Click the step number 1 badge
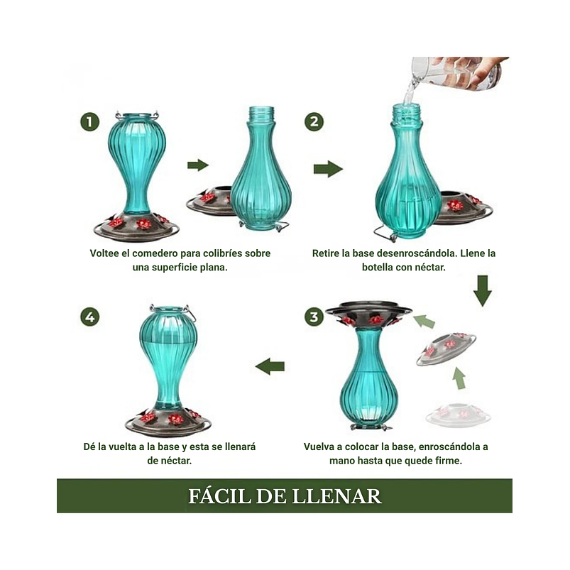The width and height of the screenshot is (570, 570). tap(89, 121)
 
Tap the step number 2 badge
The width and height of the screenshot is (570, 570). tap(314, 121)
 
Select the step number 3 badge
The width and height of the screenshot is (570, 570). tap(314, 317)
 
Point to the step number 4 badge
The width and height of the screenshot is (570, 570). tap(89, 317)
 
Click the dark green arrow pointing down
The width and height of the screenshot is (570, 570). tap(483, 290)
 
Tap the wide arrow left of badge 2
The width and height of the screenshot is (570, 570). tap(328, 169)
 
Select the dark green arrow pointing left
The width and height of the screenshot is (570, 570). tap(270, 366)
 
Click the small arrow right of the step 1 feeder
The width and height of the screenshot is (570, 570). tap(197, 165)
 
